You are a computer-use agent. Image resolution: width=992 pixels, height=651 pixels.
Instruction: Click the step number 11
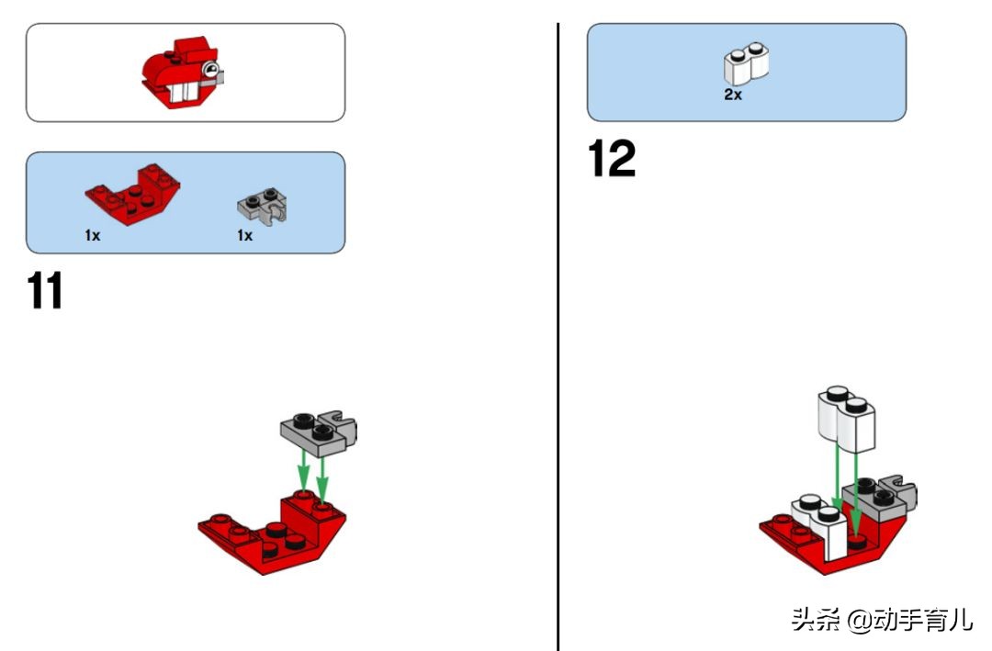[x=45, y=290]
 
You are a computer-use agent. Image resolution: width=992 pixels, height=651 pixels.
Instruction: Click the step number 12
[x=612, y=158]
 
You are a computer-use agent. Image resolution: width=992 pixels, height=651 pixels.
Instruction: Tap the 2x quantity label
[x=733, y=95]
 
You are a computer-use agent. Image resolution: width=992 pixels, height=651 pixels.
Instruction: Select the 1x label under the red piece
[x=93, y=235]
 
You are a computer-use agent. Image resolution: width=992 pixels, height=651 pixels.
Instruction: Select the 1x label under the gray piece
[x=245, y=235]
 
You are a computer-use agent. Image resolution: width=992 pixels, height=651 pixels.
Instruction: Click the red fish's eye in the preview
[x=211, y=69]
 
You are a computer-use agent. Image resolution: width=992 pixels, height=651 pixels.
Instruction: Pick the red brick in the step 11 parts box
[x=133, y=194]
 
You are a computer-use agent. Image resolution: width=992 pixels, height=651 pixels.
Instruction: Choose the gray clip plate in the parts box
[x=263, y=206]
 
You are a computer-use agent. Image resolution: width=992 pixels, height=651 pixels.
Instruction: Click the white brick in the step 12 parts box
[x=747, y=63]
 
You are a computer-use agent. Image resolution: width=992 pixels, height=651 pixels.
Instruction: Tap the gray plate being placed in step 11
[x=319, y=433]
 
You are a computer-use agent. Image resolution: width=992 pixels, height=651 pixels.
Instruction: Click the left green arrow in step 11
[x=304, y=469]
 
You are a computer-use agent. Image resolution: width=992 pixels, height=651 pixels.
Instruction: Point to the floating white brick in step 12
[x=847, y=418]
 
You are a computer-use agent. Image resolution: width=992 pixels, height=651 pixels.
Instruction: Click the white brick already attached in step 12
[x=821, y=524]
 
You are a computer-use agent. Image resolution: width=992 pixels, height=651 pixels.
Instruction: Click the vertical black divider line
[x=558, y=337]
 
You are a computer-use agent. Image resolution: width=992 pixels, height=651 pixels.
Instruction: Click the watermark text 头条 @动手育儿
[x=882, y=620]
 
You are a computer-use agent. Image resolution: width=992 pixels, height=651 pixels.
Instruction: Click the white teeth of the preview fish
[x=184, y=93]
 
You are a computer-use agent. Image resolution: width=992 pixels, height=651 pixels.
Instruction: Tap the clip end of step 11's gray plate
[x=342, y=425]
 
